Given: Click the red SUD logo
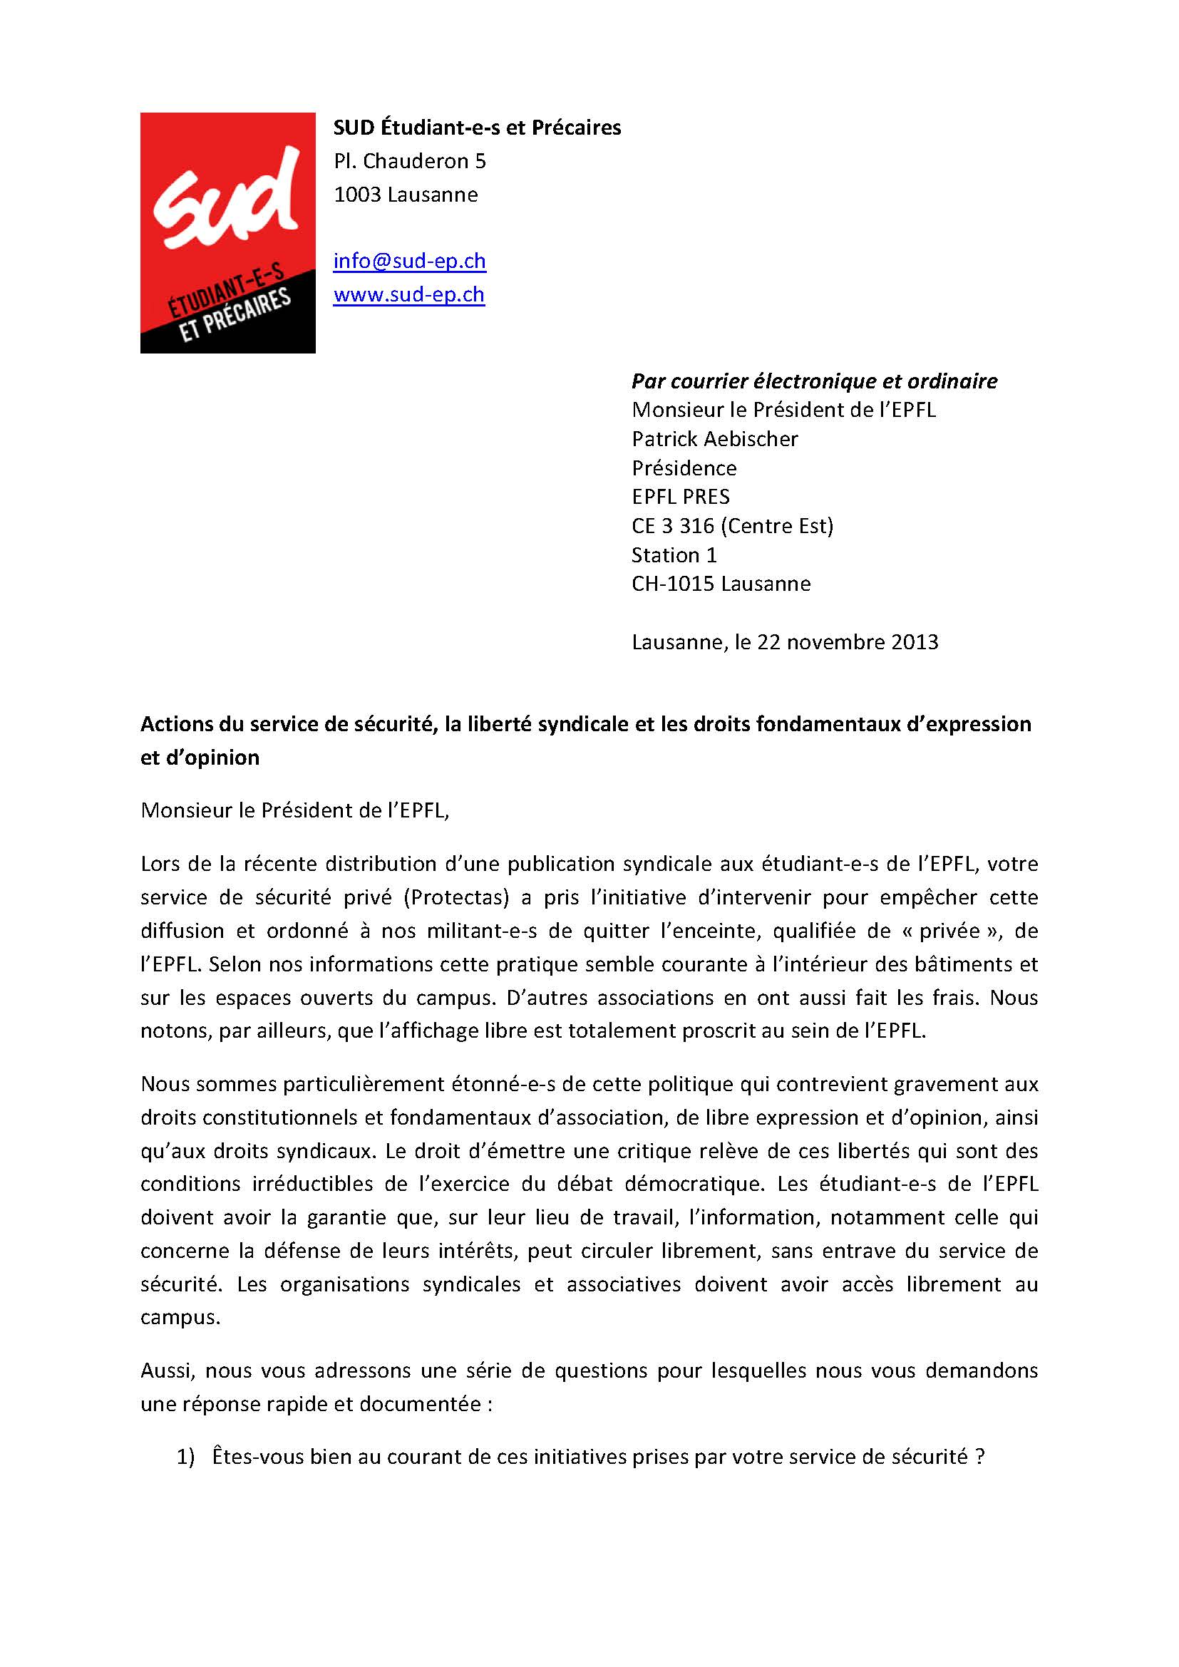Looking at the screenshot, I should (x=227, y=232).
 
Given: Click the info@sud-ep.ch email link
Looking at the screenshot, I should (x=409, y=261).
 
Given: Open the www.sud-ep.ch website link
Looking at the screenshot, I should (x=408, y=294).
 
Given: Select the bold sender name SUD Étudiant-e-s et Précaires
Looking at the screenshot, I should (x=477, y=128).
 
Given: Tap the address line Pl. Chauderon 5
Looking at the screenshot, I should (x=409, y=161).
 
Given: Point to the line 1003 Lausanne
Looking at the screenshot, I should (x=405, y=195).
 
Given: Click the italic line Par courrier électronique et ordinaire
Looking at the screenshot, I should (x=814, y=381).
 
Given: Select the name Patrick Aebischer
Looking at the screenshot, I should (x=714, y=438).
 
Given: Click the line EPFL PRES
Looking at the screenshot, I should (x=680, y=497).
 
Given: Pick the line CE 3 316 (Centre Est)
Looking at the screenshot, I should (x=732, y=526).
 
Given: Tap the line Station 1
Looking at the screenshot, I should (x=674, y=554).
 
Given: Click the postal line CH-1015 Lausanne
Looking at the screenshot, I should (x=720, y=584).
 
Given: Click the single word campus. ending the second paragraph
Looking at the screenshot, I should (x=180, y=1317).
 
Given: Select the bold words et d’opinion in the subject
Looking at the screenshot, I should (x=200, y=758).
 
